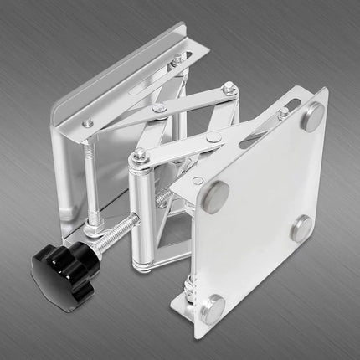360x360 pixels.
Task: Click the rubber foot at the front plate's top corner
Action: point(312,118)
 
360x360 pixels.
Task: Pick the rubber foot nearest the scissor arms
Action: point(216,194)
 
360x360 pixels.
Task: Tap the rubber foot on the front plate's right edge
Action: point(302,228)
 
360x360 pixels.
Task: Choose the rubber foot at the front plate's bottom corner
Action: point(214,305)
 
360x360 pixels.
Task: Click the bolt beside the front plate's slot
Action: point(282,112)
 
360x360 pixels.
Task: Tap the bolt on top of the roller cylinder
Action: point(139,155)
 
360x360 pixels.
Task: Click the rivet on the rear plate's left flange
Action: point(88,123)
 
